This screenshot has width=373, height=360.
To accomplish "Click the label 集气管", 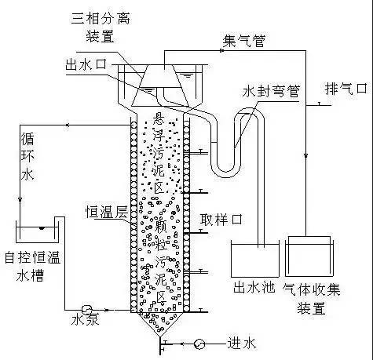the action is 244,41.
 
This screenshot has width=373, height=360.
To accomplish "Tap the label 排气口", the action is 346,89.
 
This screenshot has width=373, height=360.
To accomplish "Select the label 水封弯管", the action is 271,91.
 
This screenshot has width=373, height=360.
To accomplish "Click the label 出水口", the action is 86,64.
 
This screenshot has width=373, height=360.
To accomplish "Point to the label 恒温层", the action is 107,212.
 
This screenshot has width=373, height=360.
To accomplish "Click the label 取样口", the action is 221,219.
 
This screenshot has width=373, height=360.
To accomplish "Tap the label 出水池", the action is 254,287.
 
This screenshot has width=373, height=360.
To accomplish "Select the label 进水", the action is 241,344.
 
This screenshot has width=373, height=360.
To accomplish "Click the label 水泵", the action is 86,319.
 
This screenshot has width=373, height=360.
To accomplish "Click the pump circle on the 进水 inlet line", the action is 199,344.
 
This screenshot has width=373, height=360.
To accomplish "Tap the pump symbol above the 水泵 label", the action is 86,310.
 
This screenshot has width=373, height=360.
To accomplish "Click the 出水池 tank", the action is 255,260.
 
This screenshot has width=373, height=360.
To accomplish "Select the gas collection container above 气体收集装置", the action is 309,256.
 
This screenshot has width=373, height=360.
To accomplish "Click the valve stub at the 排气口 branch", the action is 319,104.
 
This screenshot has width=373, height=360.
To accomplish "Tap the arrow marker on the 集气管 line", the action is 221,50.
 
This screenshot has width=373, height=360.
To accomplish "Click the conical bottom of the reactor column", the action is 159,323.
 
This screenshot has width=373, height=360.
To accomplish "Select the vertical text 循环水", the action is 27,156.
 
